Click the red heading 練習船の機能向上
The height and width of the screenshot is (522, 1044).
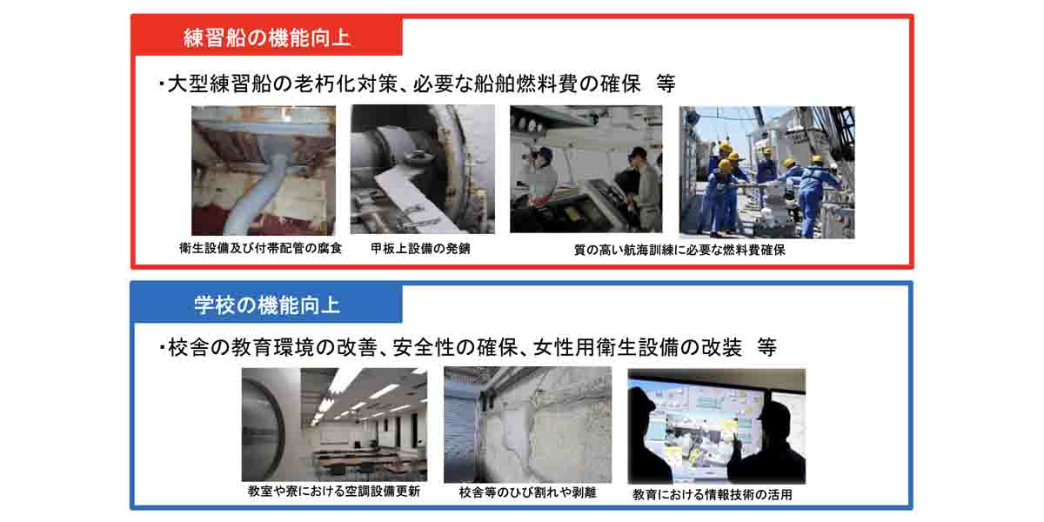(x=266, y=37)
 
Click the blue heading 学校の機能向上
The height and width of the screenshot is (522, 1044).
(x=267, y=305)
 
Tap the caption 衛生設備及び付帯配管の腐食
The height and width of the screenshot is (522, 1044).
(x=260, y=249)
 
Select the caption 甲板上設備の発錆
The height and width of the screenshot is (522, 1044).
(x=420, y=249)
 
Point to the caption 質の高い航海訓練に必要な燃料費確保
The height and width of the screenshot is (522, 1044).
(x=679, y=251)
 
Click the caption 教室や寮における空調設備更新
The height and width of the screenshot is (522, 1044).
(x=334, y=492)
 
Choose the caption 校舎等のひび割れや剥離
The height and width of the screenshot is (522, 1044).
(x=527, y=492)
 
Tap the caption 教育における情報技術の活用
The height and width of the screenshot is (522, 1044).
(x=713, y=494)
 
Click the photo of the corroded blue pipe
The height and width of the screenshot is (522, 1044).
(x=264, y=171)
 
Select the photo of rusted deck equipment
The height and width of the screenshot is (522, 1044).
(x=423, y=169)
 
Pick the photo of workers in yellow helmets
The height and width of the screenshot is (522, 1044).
(x=766, y=172)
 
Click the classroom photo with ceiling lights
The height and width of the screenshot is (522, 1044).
(x=334, y=425)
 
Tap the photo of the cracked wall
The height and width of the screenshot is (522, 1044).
(x=527, y=425)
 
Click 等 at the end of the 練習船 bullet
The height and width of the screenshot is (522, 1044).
(x=666, y=84)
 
